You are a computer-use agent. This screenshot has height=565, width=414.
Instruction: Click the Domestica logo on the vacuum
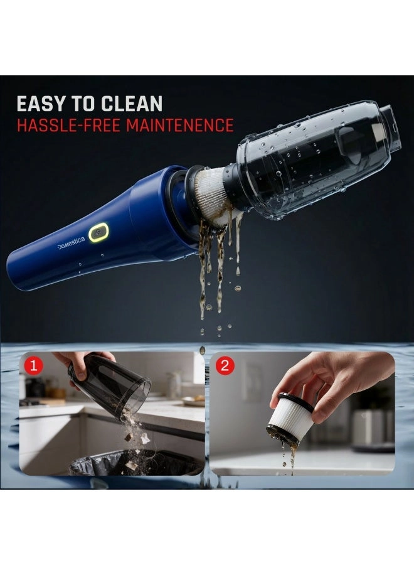(x=74, y=245)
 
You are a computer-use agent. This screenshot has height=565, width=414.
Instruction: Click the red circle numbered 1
(x=33, y=365)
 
